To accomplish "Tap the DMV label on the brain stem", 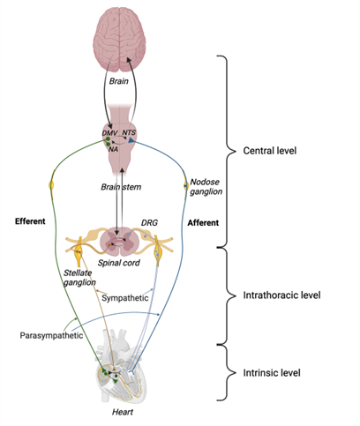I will [x=110, y=132].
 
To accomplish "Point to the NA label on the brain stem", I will [x=115, y=148].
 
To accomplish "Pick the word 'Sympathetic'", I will [x=126, y=298].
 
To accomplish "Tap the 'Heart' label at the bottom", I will [x=122, y=412].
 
